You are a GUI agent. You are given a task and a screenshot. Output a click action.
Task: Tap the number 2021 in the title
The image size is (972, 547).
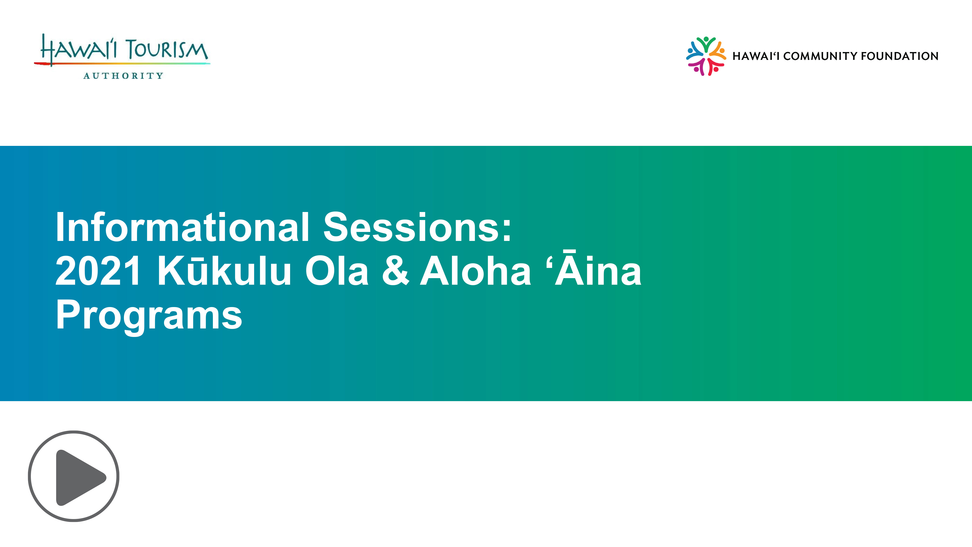(98, 271)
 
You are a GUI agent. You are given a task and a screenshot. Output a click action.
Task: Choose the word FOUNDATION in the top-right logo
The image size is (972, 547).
(900, 56)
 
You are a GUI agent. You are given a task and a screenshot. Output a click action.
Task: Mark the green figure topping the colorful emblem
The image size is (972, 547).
(706, 44)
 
